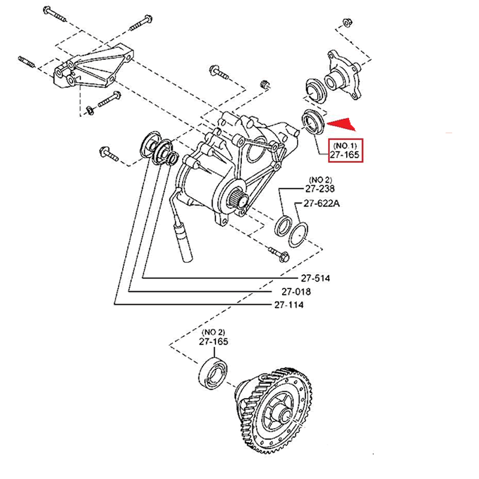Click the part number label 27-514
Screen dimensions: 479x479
[316, 278]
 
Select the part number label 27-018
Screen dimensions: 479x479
[296, 292]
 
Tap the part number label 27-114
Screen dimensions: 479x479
[289, 305]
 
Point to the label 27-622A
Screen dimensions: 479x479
[322, 203]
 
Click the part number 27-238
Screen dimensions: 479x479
[320, 189]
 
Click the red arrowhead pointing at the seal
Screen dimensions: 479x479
[341, 124]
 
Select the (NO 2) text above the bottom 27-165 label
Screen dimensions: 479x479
[213, 332]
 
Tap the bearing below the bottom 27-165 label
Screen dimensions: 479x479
[213, 373]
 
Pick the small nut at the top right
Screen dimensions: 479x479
[347, 23]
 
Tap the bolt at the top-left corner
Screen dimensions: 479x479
[55, 14]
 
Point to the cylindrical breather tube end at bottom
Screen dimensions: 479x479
[183, 243]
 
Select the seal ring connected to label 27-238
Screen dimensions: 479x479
[284, 226]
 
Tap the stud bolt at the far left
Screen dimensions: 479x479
[26, 62]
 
